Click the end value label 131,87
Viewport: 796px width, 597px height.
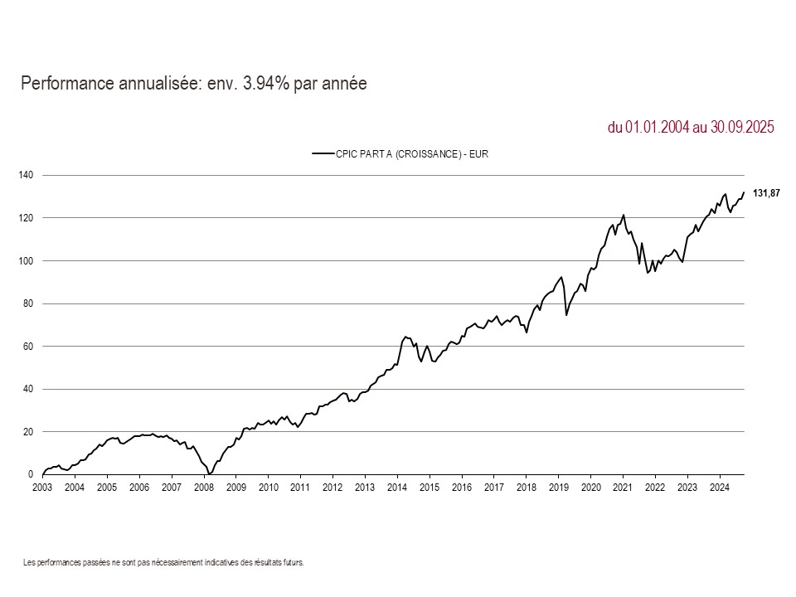tap(766, 192)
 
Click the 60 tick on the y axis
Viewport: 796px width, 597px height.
tap(27, 346)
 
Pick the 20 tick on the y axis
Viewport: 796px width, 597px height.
tap(27, 431)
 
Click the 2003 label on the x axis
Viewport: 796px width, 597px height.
tap(42, 488)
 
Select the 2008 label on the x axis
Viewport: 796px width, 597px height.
tap(203, 488)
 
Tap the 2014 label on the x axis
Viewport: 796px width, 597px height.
tap(397, 488)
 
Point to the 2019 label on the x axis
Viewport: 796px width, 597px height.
tap(558, 488)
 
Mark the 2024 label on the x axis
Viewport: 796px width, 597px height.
tap(720, 488)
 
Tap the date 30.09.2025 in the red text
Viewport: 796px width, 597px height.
tap(742, 128)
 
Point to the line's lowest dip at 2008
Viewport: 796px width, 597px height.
tap(210, 473)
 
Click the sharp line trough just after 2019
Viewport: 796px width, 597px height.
tap(566, 315)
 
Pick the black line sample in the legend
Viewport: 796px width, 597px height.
tap(323, 153)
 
